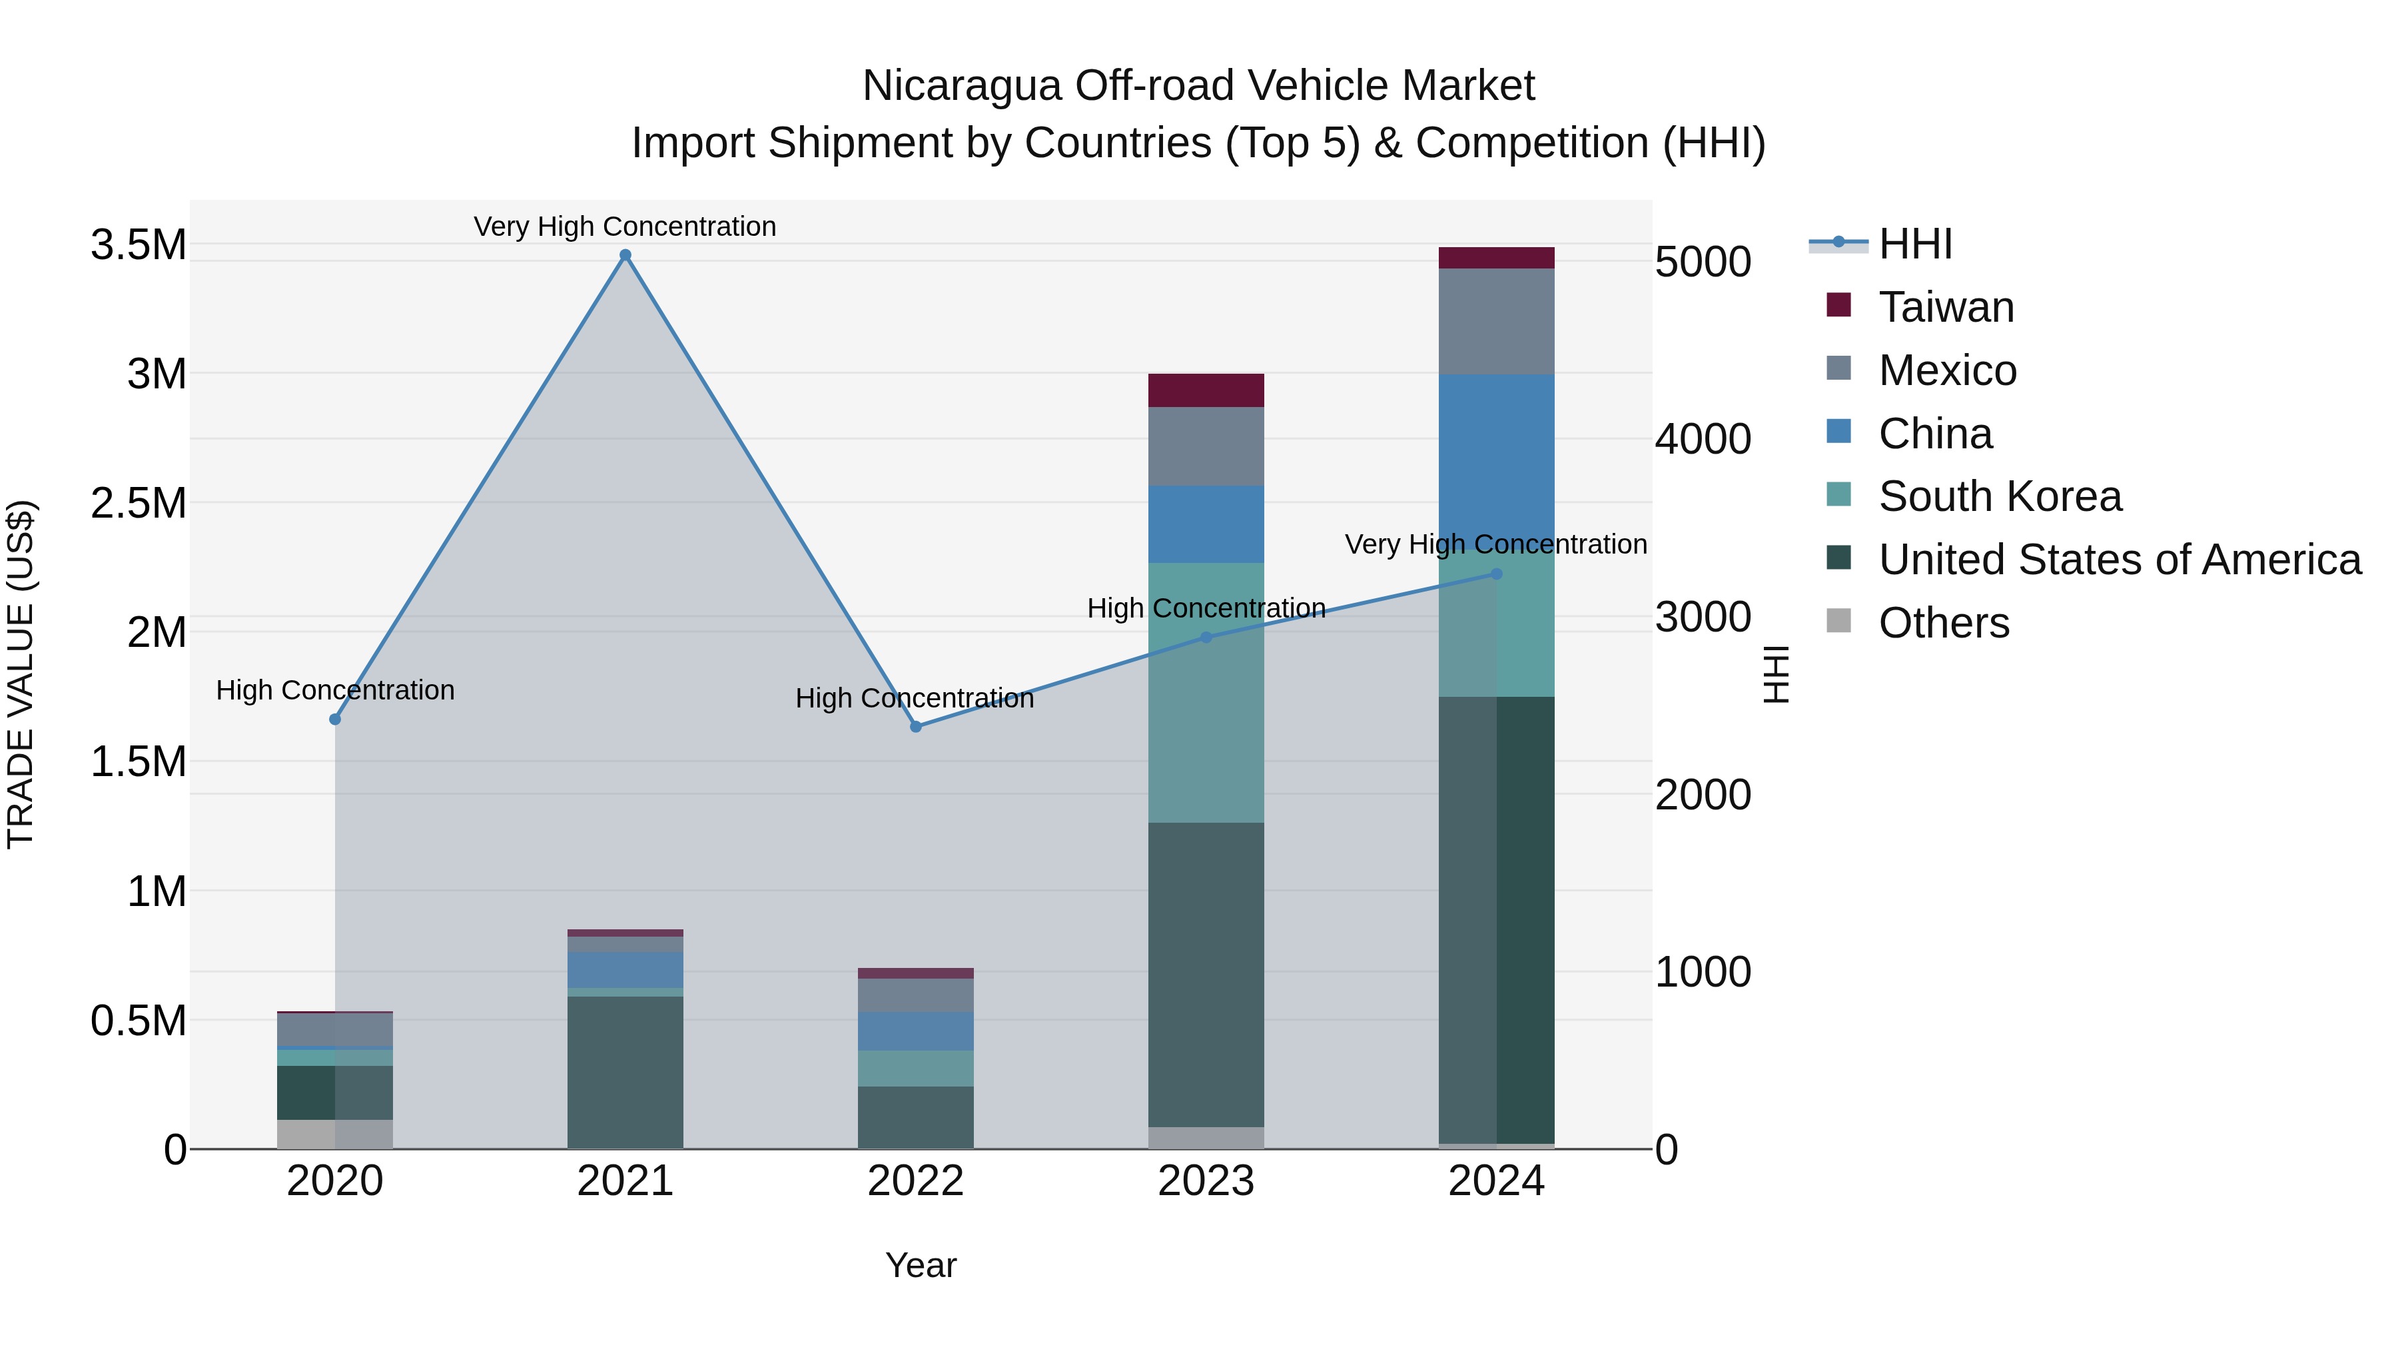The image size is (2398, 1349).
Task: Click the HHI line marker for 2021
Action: (x=625, y=255)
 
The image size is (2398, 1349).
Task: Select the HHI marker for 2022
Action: (x=916, y=727)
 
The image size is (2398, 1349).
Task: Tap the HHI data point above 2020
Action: (x=335, y=719)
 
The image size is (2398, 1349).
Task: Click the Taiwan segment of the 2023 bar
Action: (x=1206, y=390)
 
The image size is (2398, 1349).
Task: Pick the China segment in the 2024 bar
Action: (x=1496, y=456)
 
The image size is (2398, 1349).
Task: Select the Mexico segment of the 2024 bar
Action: (x=1496, y=321)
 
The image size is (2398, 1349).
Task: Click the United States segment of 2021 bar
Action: (x=625, y=1071)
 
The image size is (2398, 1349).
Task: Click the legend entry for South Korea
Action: (x=2000, y=496)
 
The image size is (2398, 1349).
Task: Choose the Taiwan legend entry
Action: (x=1946, y=307)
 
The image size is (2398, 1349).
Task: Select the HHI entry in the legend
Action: (x=1915, y=244)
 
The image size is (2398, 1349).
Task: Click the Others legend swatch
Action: (x=1838, y=621)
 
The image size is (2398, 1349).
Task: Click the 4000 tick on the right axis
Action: (x=1703, y=440)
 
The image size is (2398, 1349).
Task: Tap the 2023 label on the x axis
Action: (x=1206, y=1181)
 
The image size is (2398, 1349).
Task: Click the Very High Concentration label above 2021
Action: (x=625, y=226)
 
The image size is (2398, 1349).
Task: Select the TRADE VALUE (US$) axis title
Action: (x=21, y=674)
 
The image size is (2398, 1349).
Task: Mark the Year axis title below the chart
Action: (x=921, y=1265)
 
